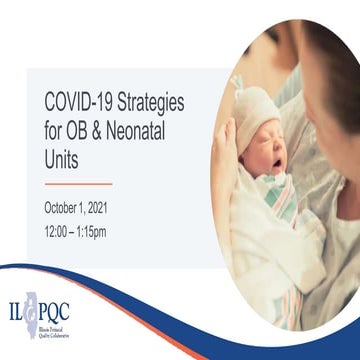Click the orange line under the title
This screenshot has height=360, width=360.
pyautogui.click(x=78, y=183)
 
